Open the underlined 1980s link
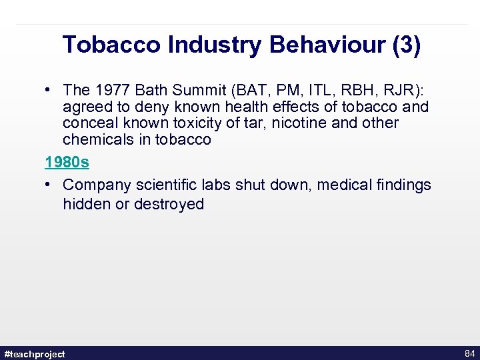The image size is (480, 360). (67, 162)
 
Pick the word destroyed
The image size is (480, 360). (169, 204)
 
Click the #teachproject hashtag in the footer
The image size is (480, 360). (35, 354)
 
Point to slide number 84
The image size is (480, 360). (469, 353)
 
